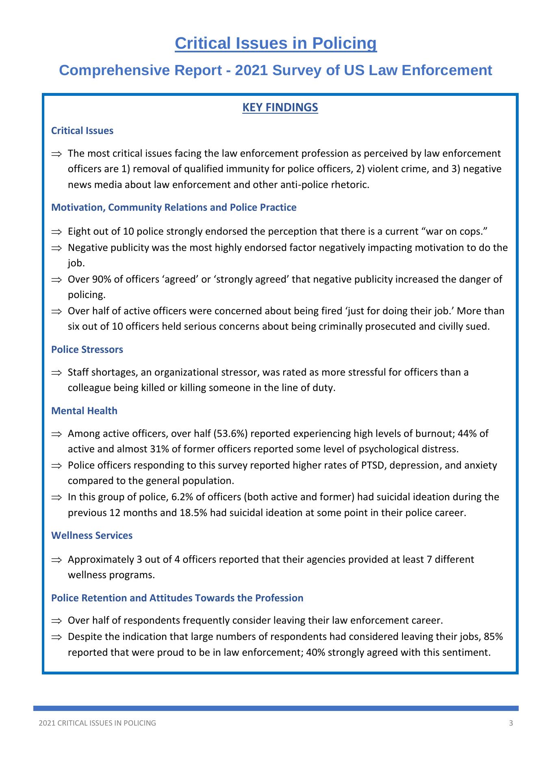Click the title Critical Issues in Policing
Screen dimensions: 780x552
[x=276, y=43]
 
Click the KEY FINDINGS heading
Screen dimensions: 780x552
[x=280, y=108]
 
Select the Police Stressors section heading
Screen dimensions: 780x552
[x=87, y=350]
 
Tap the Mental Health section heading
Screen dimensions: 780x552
[x=84, y=411]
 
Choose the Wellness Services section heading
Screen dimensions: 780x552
[x=92, y=536]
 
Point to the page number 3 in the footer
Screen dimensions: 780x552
[x=511, y=723]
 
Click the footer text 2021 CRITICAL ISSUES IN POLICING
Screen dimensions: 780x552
[x=97, y=723]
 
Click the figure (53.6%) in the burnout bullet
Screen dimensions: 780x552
[x=231, y=434]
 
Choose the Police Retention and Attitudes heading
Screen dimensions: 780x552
[x=177, y=598]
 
